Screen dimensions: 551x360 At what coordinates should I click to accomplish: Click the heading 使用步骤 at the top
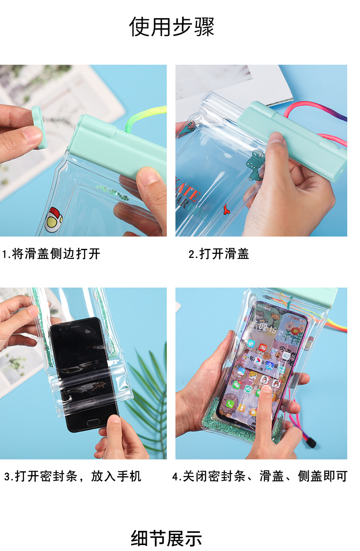[172, 26]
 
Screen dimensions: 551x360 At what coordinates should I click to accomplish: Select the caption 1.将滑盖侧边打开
[51, 254]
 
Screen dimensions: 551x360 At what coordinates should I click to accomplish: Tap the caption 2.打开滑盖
[219, 254]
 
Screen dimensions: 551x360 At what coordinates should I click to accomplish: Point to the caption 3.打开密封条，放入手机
[73, 477]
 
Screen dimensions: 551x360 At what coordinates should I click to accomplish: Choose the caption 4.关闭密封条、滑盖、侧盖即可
[260, 477]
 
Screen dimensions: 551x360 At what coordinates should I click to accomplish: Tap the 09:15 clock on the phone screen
[268, 328]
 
